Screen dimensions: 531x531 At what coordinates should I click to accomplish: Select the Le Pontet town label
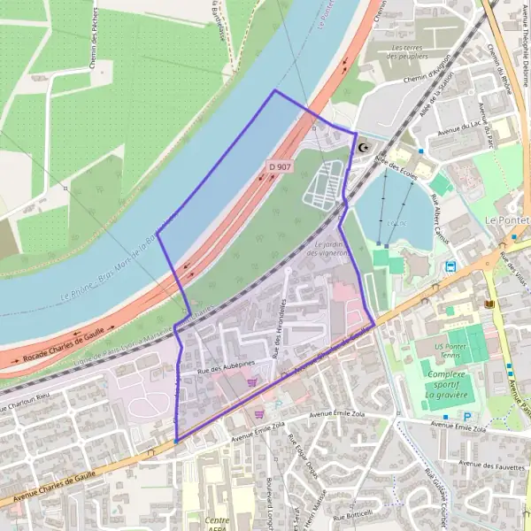click(x=506, y=219)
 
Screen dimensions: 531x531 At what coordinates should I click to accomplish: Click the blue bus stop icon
click(x=451, y=265)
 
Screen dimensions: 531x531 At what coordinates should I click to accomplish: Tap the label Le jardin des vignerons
click(x=327, y=249)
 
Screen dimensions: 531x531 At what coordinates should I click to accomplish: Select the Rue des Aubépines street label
click(x=226, y=365)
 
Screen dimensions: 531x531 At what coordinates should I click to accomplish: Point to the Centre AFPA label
click(x=217, y=523)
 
